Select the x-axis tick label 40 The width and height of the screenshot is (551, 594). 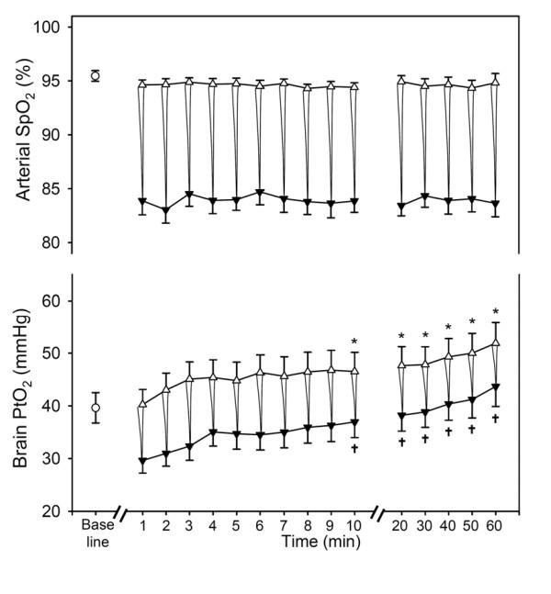tap(448, 525)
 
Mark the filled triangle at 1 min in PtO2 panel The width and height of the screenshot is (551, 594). tap(142, 461)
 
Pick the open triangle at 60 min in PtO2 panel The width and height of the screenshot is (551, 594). tap(496, 342)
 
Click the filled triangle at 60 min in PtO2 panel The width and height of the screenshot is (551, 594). tap(496, 387)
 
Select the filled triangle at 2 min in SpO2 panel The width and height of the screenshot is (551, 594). tap(165, 211)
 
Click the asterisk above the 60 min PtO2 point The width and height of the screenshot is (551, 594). tap(496, 312)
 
